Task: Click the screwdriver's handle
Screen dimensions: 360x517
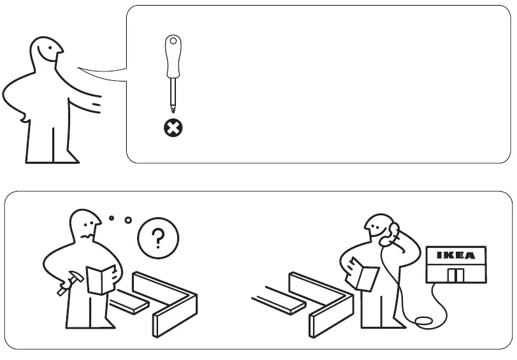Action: [171, 57]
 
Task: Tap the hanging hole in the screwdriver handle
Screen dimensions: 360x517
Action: [171, 43]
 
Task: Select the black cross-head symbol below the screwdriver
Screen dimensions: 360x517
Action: [172, 128]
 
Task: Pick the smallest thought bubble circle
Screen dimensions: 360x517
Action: [112, 218]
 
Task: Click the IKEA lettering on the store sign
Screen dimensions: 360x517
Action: [455, 256]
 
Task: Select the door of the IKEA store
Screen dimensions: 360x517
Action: [455, 275]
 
